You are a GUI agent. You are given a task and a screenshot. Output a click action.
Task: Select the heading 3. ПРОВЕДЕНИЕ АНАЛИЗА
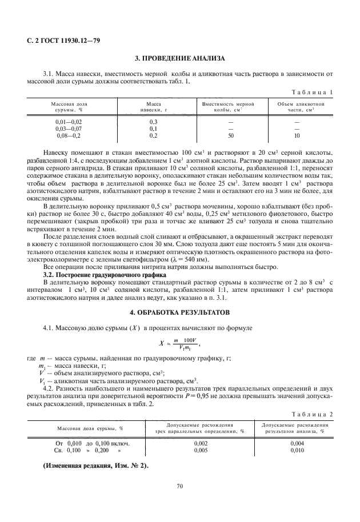tap(180, 58)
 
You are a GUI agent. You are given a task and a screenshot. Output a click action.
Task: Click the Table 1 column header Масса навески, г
tap(153, 107)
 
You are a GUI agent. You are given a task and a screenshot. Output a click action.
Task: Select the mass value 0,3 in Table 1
tap(153, 122)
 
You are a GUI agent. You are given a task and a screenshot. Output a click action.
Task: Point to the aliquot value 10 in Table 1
tap(296, 136)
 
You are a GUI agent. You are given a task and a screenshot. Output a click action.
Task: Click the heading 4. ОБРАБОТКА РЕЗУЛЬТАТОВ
tap(180, 313)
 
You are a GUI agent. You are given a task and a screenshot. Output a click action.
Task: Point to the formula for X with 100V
tap(180, 344)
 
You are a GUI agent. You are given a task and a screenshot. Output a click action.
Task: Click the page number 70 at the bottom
tap(179, 486)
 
